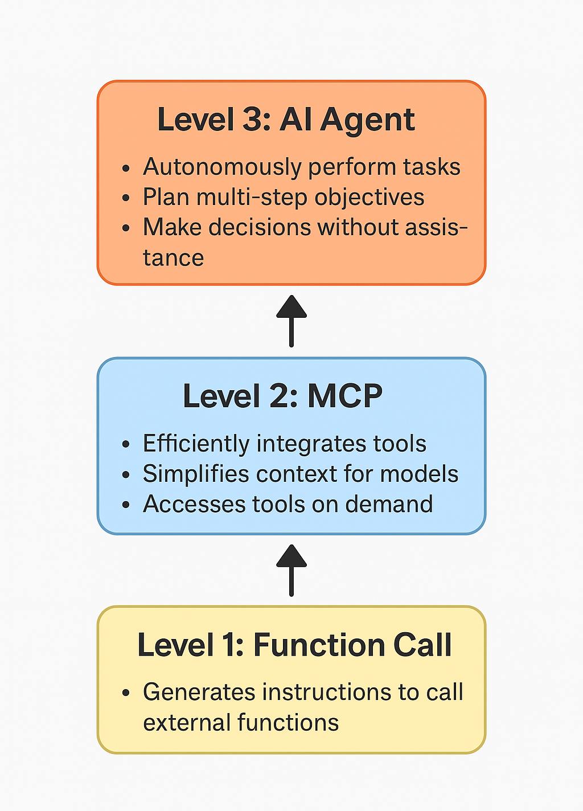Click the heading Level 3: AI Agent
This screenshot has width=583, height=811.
point(286,120)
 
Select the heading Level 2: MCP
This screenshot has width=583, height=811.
point(282,396)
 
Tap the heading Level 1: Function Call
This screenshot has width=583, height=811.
point(294,645)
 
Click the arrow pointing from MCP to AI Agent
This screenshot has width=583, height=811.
point(291,321)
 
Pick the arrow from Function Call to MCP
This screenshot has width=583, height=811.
point(291,570)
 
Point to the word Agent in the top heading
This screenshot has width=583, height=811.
point(367,120)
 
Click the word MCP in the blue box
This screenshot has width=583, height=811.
point(345,396)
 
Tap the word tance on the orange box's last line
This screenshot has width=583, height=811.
point(173,258)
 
